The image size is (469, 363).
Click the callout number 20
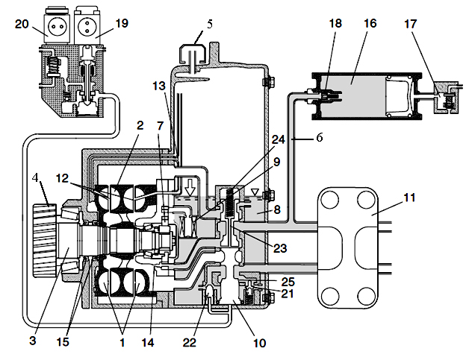(22, 24)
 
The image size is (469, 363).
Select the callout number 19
(122, 23)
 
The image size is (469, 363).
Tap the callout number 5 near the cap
(210, 25)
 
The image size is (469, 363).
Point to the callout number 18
(335, 23)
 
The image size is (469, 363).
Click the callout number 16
(370, 23)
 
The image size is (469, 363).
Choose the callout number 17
(410, 24)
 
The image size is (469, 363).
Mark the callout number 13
(159, 86)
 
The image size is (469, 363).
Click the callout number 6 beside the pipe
(320, 138)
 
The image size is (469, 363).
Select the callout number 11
(409, 198)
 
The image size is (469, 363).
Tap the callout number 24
(278, 139)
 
